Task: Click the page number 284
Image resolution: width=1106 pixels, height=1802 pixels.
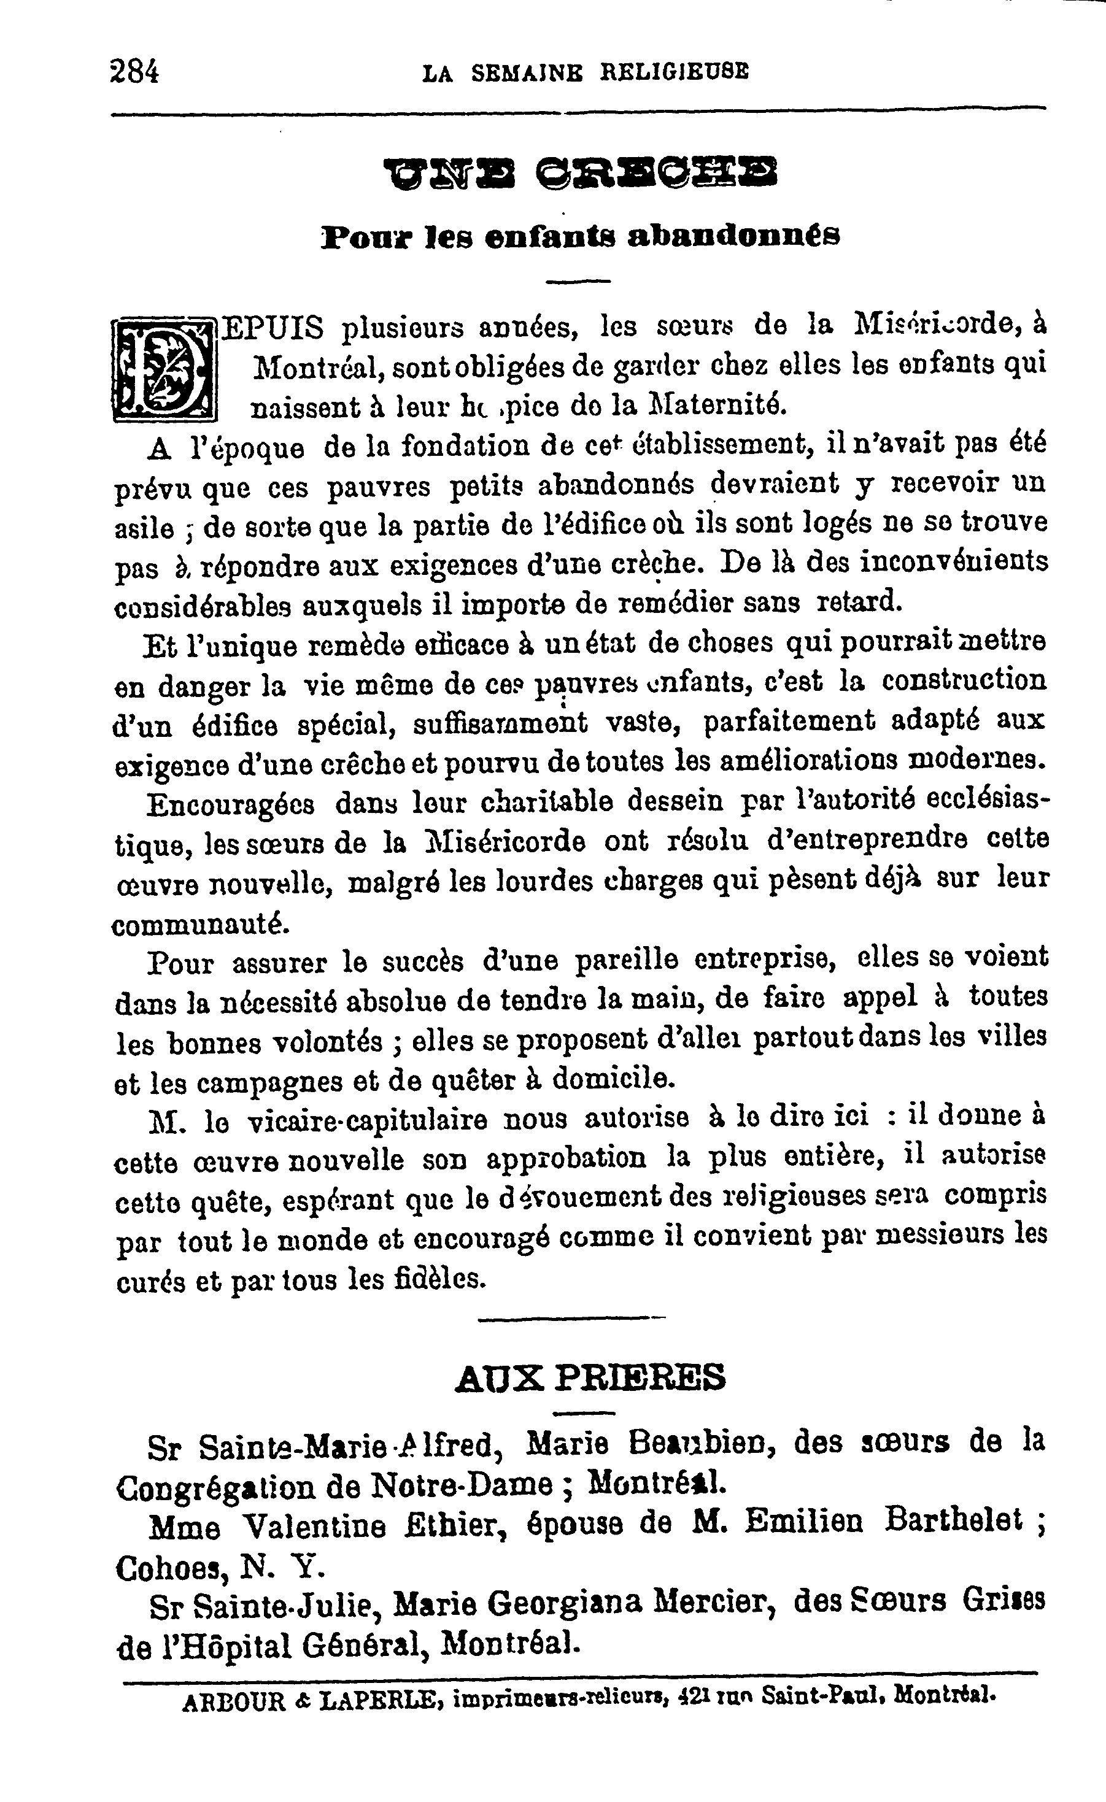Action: click(134, 72)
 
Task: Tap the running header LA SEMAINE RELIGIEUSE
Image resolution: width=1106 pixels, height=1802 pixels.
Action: click(586, 72)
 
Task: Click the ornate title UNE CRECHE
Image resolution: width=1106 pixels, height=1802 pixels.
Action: click(581, 172)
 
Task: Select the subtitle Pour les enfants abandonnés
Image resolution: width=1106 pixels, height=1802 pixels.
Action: click(581, 236)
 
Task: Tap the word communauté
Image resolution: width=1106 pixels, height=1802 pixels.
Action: click(201, 925)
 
